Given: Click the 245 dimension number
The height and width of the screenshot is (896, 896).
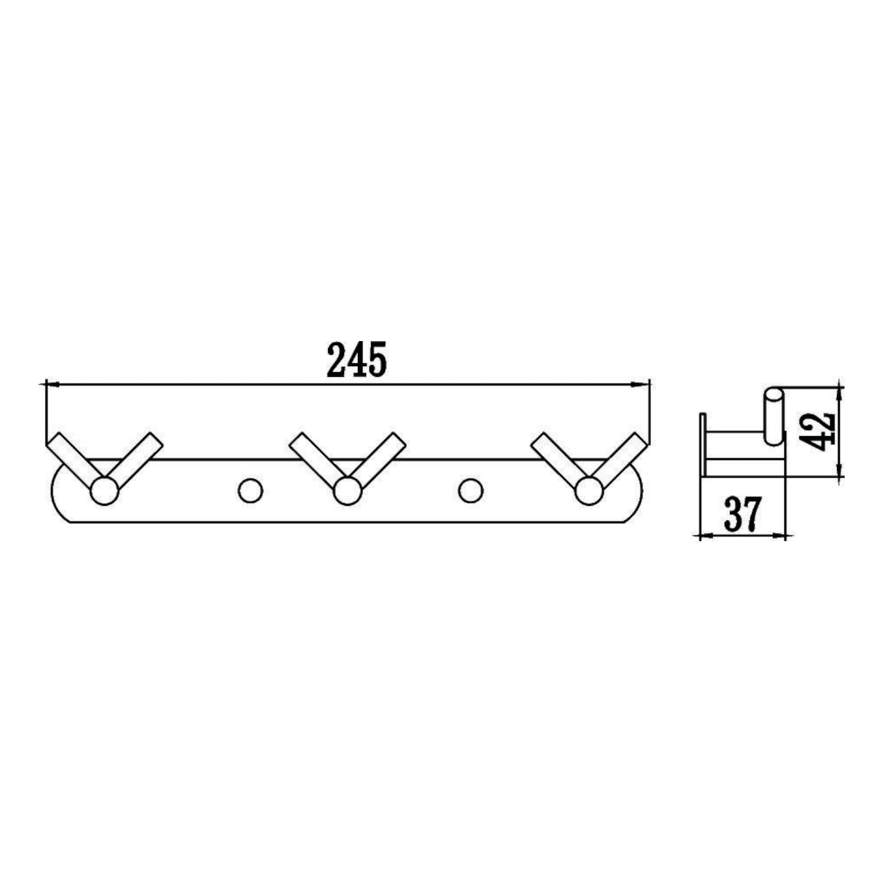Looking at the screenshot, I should click(357, 360).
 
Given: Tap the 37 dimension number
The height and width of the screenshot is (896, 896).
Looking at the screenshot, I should click(742, 514).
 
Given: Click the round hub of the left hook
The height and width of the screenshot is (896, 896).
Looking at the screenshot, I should click(104, 491).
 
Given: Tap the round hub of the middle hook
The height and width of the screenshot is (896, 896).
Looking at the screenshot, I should click(346, 491).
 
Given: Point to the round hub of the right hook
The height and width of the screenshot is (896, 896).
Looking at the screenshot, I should click(588, 491).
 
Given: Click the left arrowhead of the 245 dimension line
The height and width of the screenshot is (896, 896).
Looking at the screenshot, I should click(53, 384).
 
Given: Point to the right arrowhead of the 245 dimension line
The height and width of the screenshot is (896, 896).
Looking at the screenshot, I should click(643, 384).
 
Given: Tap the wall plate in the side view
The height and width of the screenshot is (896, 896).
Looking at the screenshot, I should click(703, 445).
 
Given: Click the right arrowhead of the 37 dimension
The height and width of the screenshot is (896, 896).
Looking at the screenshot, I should click(779, 535).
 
